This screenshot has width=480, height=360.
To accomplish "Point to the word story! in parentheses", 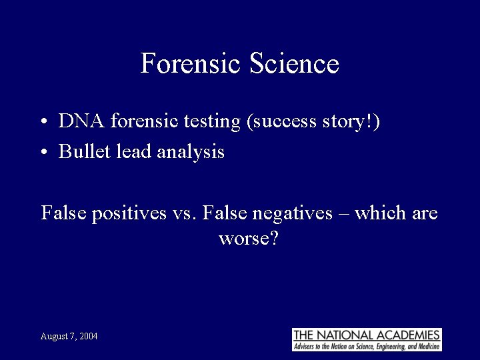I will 354,121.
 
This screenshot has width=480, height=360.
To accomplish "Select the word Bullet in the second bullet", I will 80,151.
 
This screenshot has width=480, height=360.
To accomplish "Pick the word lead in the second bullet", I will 131,151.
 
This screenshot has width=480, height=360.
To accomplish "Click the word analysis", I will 191,152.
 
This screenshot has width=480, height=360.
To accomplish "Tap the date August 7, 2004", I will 69,337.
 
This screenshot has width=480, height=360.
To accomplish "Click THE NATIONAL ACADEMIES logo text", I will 367,335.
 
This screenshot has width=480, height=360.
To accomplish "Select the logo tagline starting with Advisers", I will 367,346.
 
